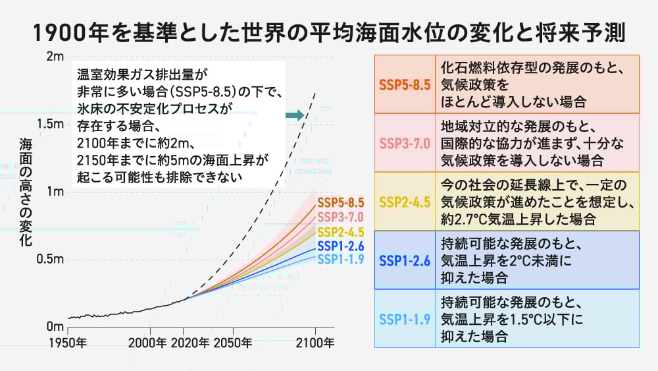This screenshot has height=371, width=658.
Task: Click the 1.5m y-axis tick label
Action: [x=50, y=124]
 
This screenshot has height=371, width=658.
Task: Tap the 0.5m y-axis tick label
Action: [x=50, y=259]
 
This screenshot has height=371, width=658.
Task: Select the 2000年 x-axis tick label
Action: [x=148, y=343]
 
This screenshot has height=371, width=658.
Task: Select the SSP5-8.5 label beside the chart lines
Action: [x=340, y=202]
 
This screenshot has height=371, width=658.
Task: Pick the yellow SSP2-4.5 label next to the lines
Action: [x=340, y=231]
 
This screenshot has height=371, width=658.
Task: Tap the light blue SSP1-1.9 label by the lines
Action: [x=340, y=259]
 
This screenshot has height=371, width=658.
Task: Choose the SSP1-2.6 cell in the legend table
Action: [x=405, y=260]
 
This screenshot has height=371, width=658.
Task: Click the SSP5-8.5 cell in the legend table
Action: [x=405, y=85]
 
